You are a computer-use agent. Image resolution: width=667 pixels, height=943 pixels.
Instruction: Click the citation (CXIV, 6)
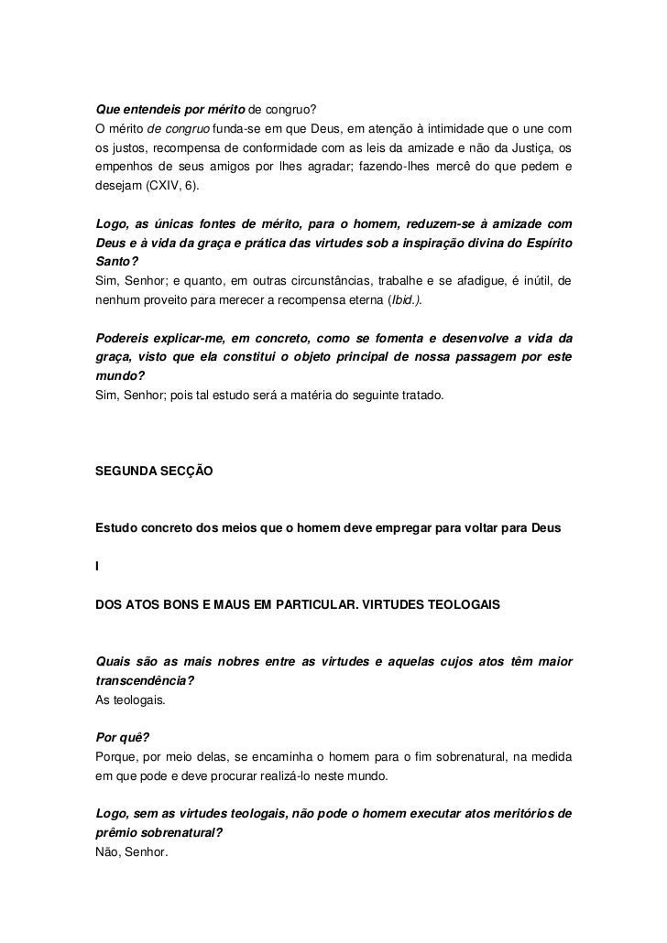[172, 186]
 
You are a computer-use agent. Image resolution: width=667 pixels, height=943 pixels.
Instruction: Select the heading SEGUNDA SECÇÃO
[154, 471]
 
